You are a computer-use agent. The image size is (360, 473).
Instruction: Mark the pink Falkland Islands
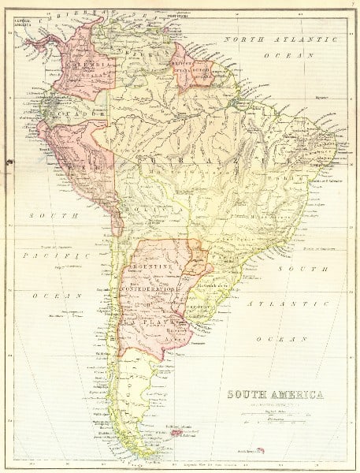178,431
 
